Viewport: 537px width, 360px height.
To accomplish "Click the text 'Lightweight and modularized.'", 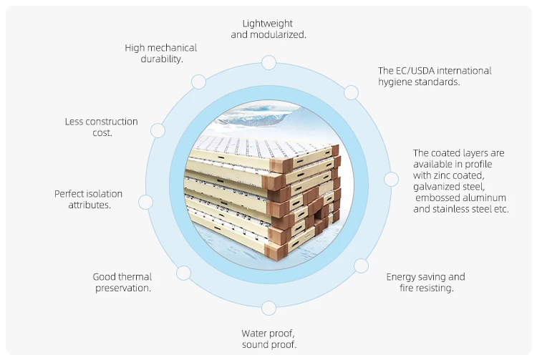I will tap(268, 29).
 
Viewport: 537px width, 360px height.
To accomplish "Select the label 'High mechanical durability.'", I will tap(161, 53).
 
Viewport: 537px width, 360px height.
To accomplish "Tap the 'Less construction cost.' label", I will tap(101, 127).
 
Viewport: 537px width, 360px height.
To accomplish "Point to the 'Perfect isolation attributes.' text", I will tap(88, 199).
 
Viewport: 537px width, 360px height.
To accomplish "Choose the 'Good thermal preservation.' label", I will tap(122, 282).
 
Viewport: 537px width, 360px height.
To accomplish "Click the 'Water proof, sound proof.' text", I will tap(268, 339).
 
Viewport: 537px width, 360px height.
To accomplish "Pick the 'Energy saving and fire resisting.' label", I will tap(425, 282).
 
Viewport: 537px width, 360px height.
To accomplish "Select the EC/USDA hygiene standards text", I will tap(435, 76).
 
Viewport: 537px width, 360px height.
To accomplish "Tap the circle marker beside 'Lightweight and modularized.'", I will tap(268, 63).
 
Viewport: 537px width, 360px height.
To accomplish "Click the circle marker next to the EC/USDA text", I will tap(351, 92).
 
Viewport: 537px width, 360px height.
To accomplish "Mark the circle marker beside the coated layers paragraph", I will tap(391, 179).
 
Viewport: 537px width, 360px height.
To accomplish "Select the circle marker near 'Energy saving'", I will tap(361, 266).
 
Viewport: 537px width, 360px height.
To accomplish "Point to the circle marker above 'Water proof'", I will tap(268, 308).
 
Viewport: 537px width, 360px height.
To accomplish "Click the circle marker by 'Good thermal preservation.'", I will tap(183, 273).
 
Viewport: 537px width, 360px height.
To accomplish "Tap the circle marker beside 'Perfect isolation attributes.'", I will tap(145, 202).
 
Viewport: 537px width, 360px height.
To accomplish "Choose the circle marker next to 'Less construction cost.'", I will tap(158, 131).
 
